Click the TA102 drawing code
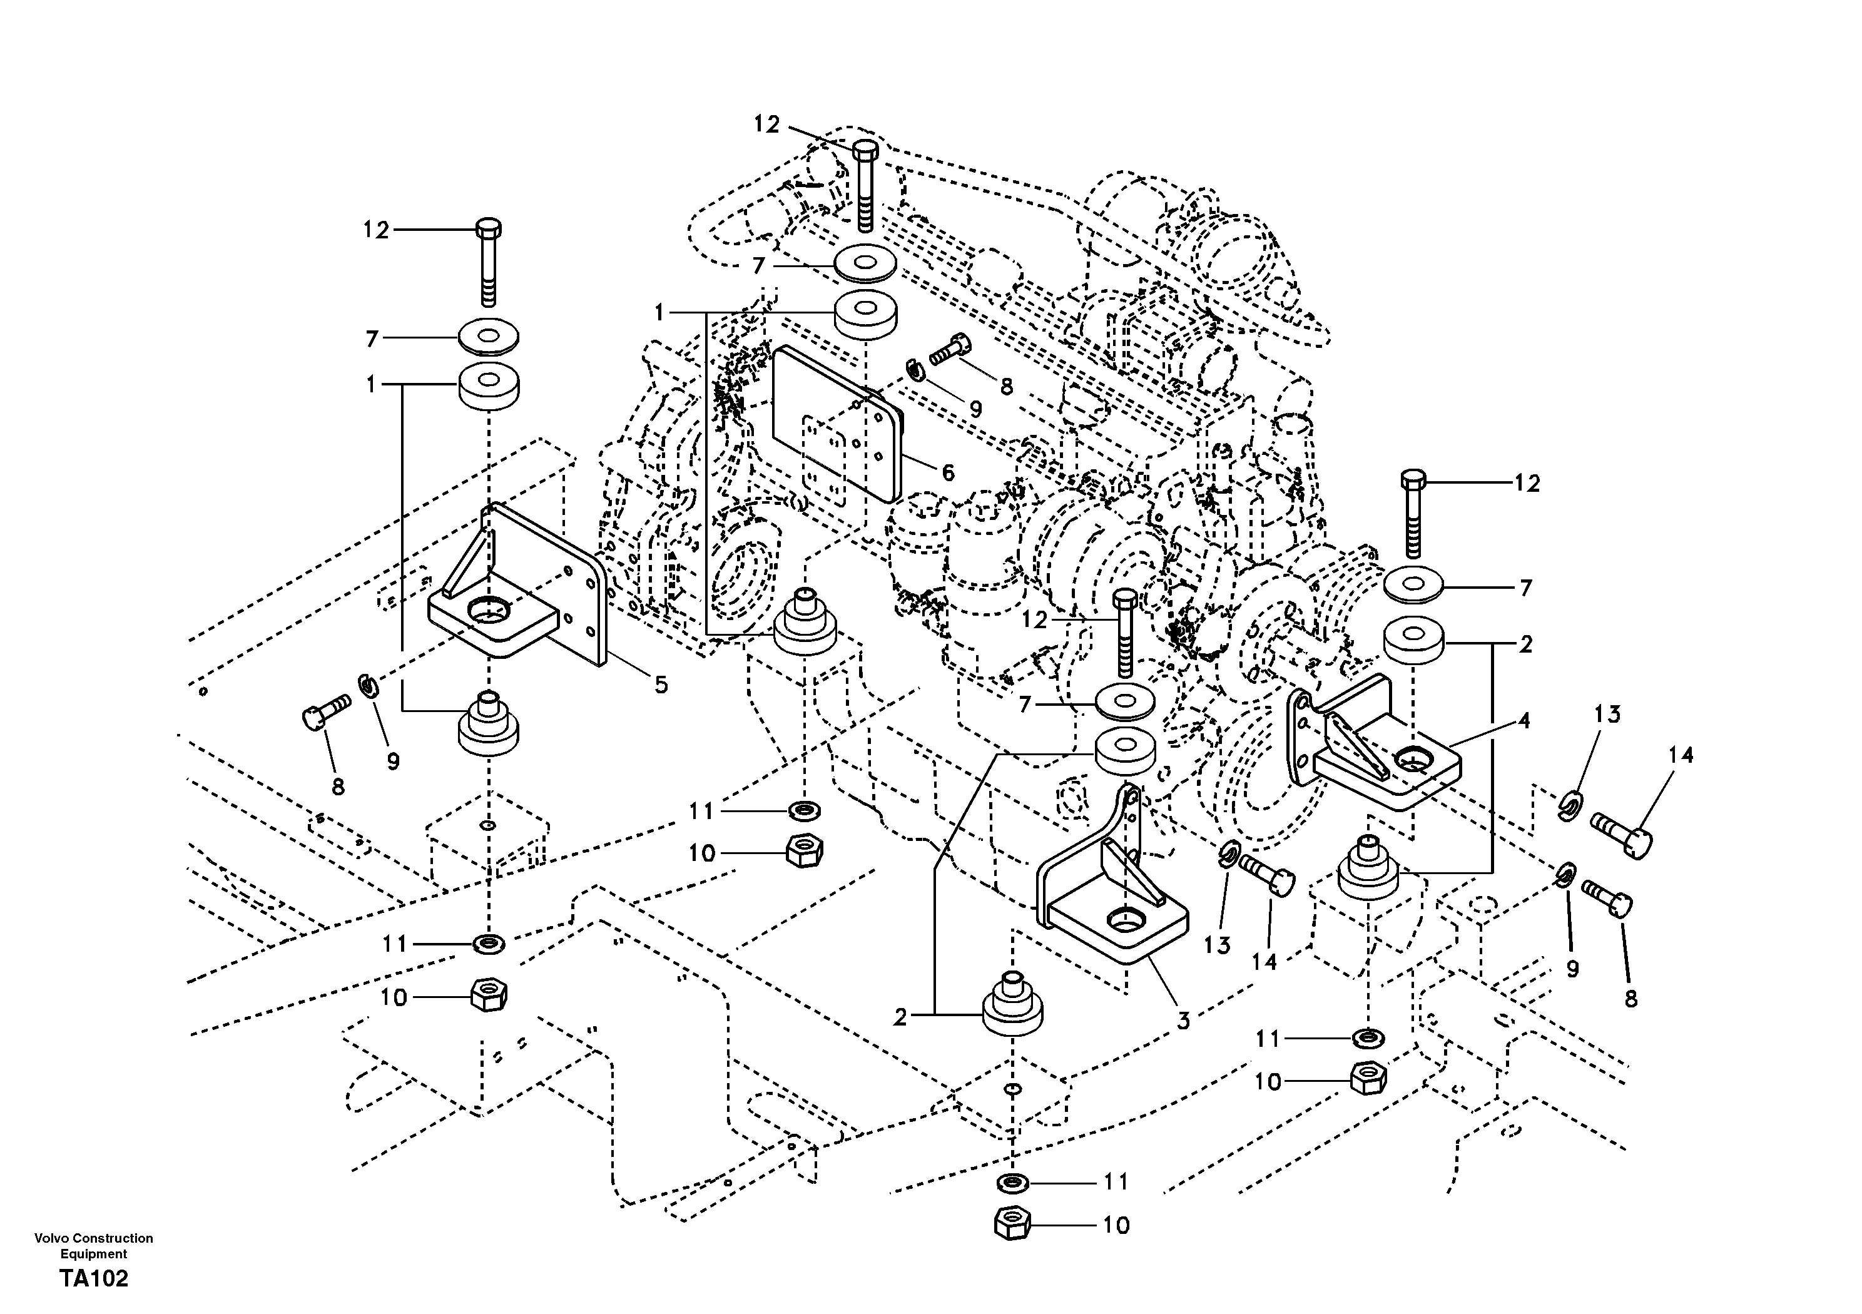pyautogui.click(x=93, y=1279)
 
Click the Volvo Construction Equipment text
pyautogui.click(x=93, y=1245)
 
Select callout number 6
pyautogui.click(x=947, y=472)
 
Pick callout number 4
pyautogui.click(x=1524, y=720)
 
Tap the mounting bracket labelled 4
pyautogui.click(x=1378, y=755)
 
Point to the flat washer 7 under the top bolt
pyautogui.click(x=865, y=265)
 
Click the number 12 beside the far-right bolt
pyautogui.click(x=1526, y=484)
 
